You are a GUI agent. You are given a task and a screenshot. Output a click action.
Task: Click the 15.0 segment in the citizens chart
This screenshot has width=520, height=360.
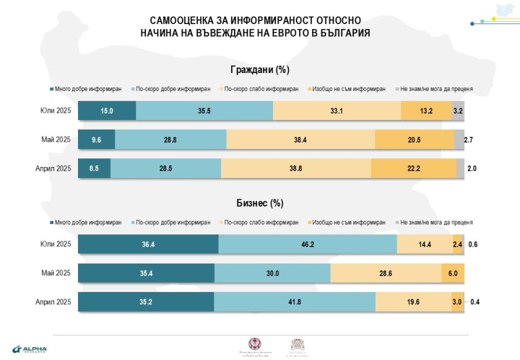pyautogui.click(x=107, y=111)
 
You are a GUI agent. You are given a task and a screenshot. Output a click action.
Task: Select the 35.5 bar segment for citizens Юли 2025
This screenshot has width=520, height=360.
pyautogui.click(x=204, y=111)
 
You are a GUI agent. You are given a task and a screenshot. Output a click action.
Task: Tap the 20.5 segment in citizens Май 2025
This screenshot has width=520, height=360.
pyautogui.click(x=414, y=140)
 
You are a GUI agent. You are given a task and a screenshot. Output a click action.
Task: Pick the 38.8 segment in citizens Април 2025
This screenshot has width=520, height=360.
pyautogui.click(x=295, y=169)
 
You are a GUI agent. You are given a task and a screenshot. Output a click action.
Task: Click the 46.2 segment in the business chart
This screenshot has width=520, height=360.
pyautogui.click(x=308, y=244)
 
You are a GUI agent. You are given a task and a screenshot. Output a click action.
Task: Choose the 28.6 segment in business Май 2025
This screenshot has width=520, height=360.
pyautogui.click(x=385, y=273)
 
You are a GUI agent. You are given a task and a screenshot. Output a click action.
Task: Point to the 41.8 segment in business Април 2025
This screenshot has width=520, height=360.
pyautogui.click(x=294, y=302)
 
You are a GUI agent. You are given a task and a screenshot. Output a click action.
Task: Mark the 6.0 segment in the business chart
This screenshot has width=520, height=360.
pyautogui.click(x=453, y=273)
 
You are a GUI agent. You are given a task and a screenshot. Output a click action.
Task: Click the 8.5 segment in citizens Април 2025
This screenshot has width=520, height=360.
pyautogui.click(x=94, y=169)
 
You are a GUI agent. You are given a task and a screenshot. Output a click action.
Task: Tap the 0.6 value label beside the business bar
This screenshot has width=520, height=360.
pyautogui.click(x=474, y=244)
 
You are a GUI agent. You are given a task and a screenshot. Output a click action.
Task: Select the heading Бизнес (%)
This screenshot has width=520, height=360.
pyautogui.click(x=259, y=203)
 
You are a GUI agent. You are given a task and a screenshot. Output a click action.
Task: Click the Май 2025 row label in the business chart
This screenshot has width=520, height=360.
pyautogui.click(x=55, y=273)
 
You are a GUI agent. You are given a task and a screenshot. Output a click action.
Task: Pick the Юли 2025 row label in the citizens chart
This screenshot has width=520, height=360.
pyautogui.click(x=55, y=111)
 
